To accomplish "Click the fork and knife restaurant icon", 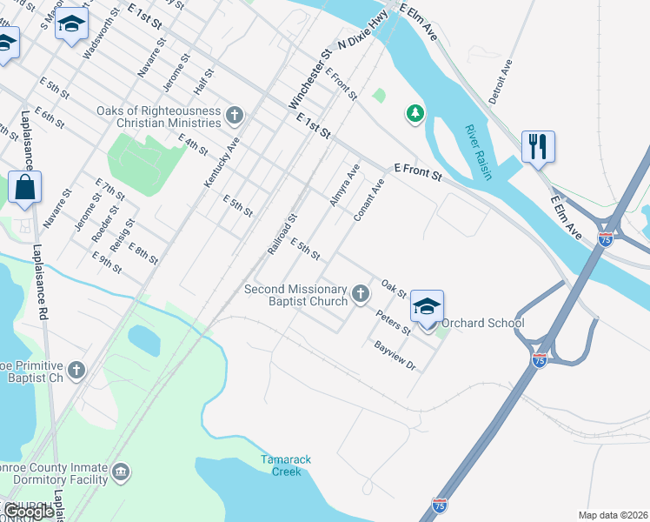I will [x=538, y=146].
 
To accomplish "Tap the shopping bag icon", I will [x=25, y=187].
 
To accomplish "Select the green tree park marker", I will [x=415, y=113].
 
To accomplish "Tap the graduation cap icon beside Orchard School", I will [x=427, y=307].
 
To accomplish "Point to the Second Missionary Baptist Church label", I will [x=295, y=296].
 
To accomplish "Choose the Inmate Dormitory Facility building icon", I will [x=120, y=472].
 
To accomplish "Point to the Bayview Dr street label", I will [x=395, y=356].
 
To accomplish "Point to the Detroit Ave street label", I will [x=501, y=82].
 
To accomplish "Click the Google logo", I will [x=30, y=512].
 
